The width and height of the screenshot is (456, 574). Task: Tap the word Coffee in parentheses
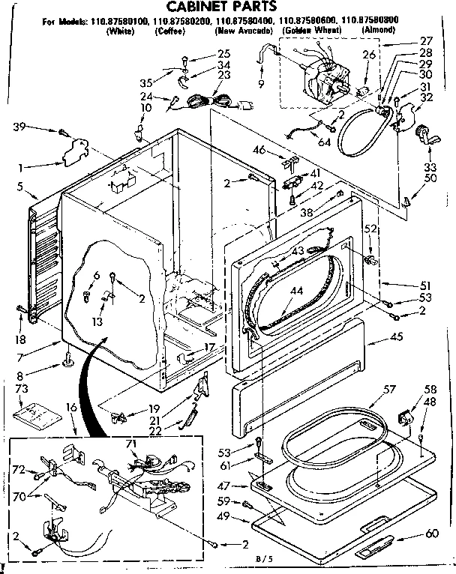coord(171,31)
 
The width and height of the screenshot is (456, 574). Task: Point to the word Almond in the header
coord(379,30)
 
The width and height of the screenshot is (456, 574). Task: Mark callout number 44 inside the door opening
coord(296,291)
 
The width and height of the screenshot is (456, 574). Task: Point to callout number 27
coord(406,40)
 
